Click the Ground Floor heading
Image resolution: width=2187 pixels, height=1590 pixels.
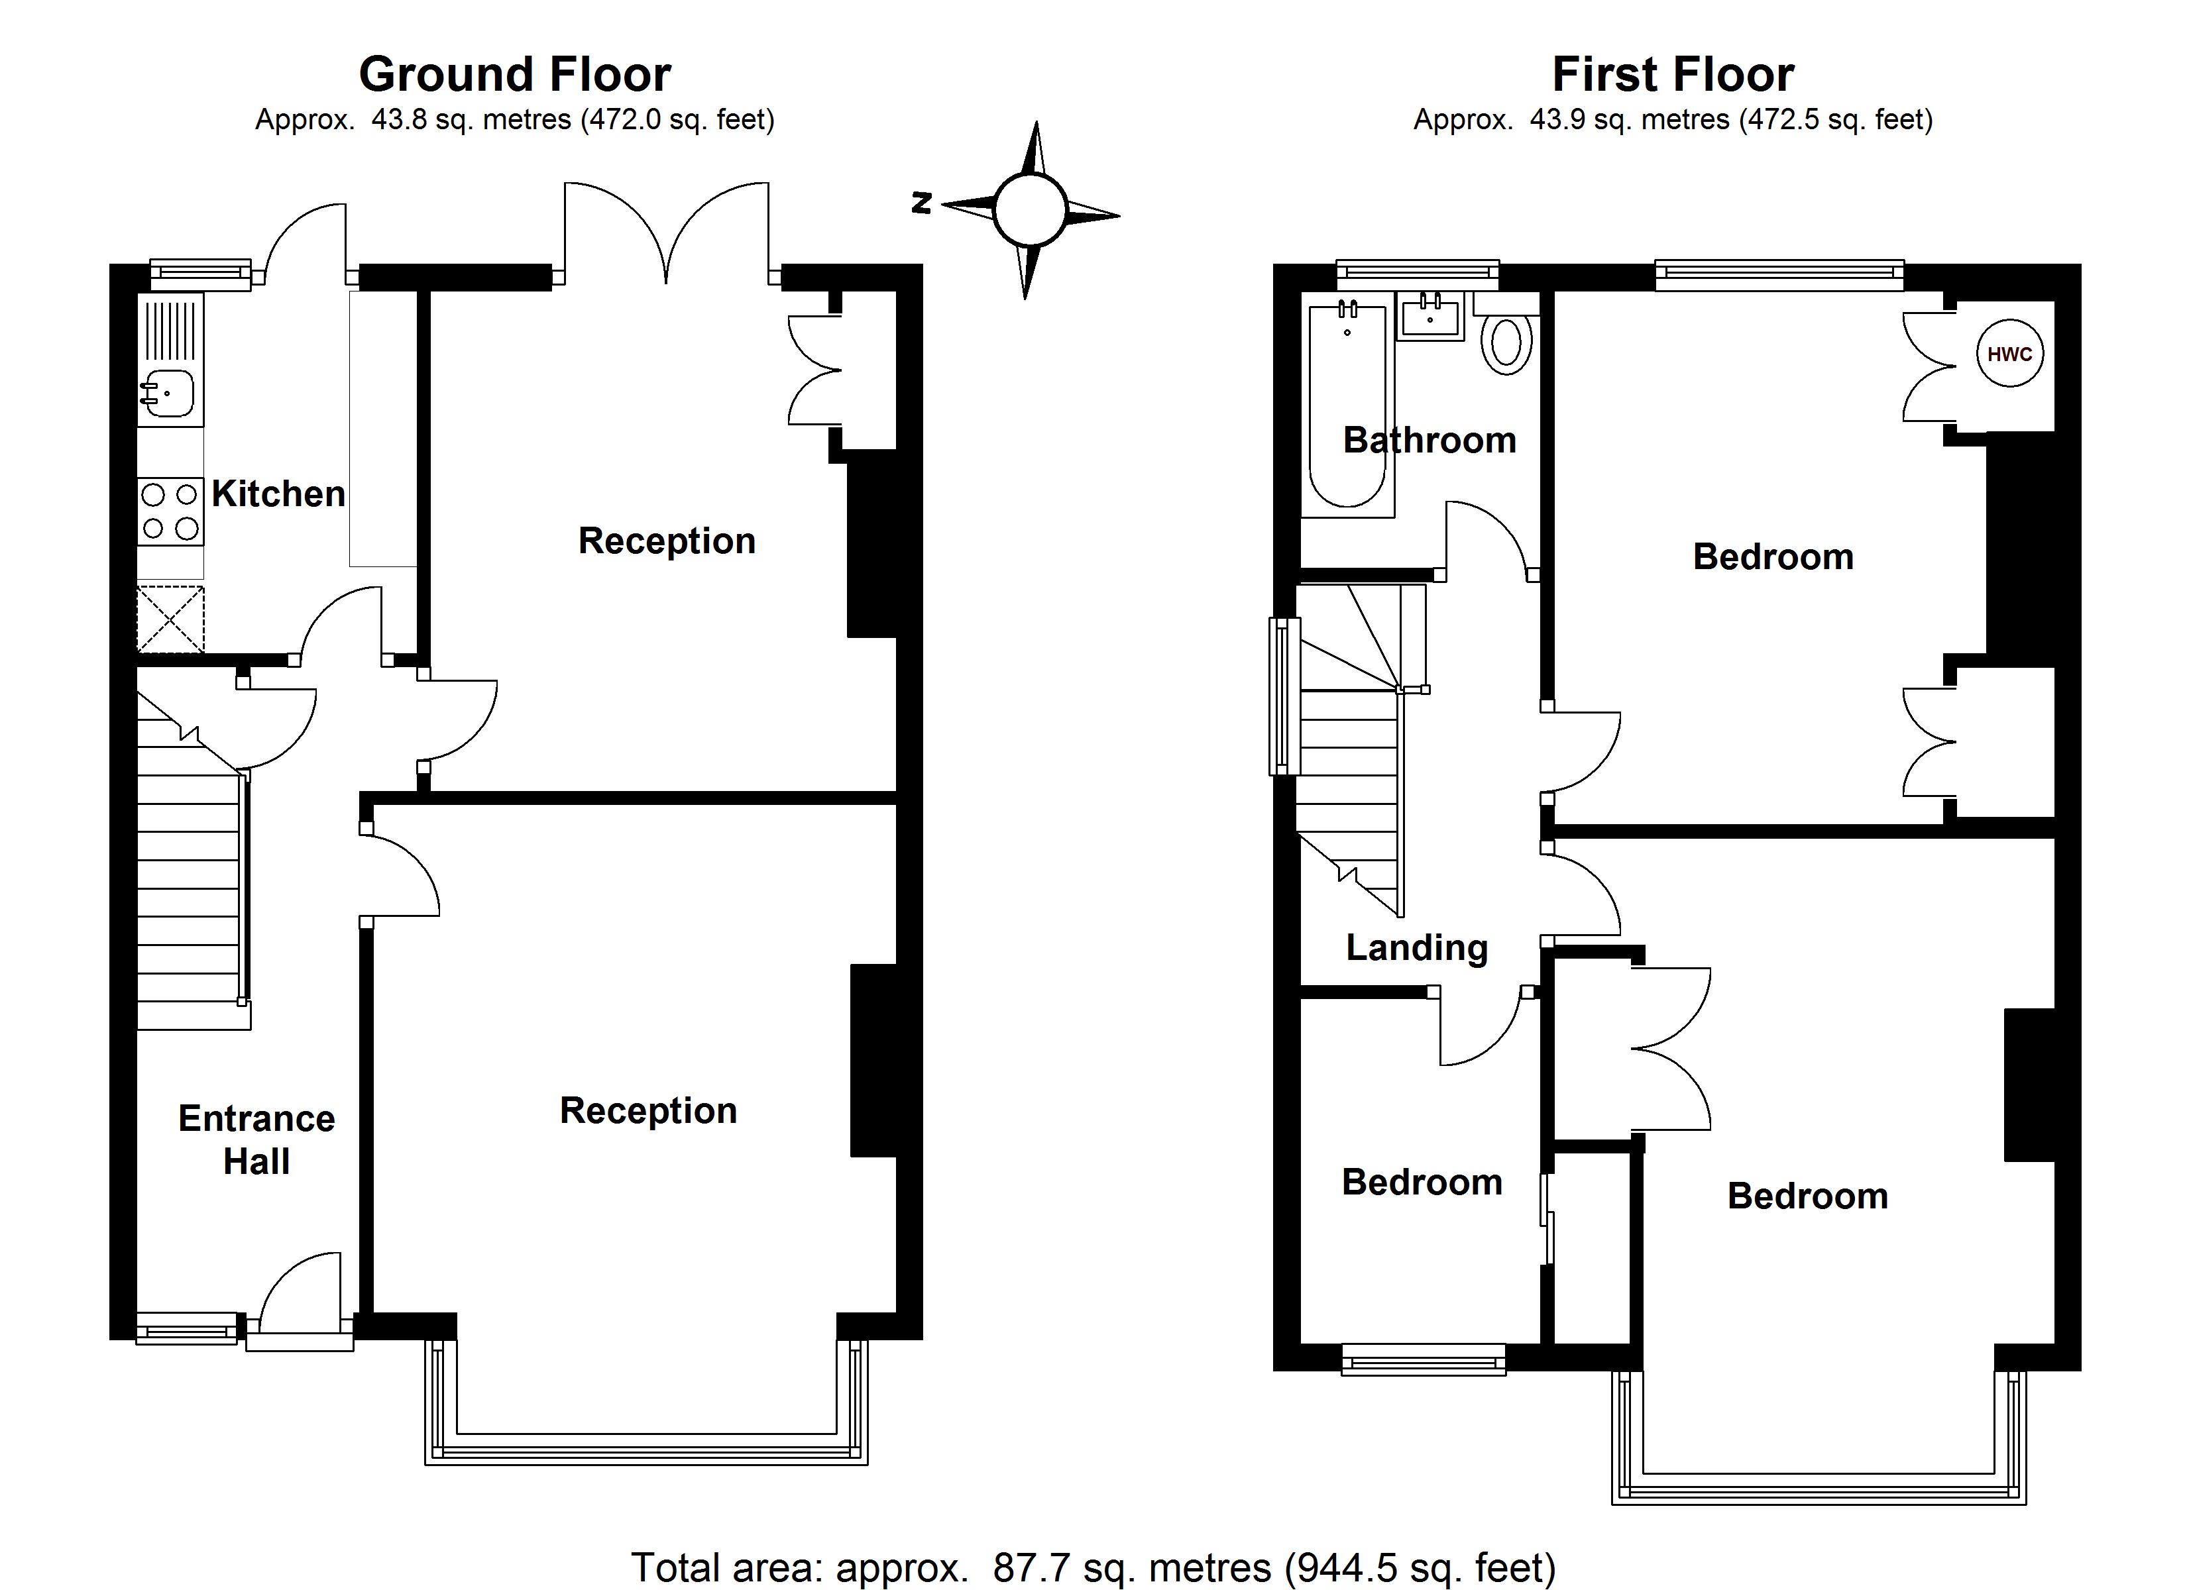click(515, 74)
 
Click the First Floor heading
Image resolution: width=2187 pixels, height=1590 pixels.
click(1673, 74)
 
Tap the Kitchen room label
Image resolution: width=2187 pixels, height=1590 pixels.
click(278, 494)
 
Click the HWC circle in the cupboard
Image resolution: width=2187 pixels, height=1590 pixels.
click(2009, 354)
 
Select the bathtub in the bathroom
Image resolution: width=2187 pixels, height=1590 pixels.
click(1347, 405)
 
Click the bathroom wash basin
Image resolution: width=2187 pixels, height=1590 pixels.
click(1431, 315)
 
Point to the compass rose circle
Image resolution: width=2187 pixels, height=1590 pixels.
click(1030, 209)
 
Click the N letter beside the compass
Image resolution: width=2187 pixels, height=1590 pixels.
click(922, 203)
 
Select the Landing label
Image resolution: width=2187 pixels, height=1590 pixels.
click(1416, 948)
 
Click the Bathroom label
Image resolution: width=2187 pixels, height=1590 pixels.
click(1429, 441)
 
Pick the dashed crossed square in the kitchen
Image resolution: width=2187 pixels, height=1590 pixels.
click(171, 618)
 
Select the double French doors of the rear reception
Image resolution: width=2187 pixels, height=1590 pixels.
click(666, 231)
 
